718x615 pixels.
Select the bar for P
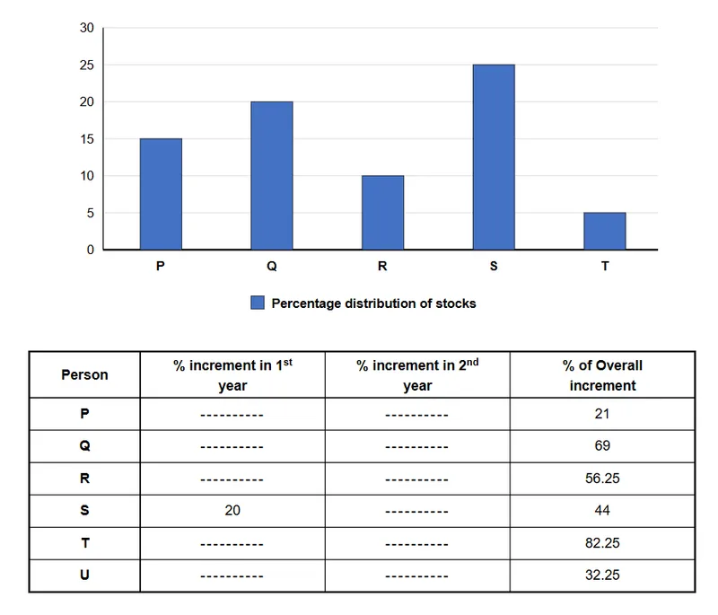pyautogui.click(x=161, y=194)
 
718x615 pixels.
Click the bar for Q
pyautogui.click(x=272, y=175)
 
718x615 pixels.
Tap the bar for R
pyautogui.click(x=383, y=213)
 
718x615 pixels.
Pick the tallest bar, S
pyautogui.click(x=495, y=157)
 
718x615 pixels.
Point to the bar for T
pyautogui.click(x=605, y=232)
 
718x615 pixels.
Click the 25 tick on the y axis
pyautogui.click(x=86, y=66)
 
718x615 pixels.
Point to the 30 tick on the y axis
pyautogui.click(x=86, y=28)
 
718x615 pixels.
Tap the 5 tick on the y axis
pyautogui.click(x=91, y=214)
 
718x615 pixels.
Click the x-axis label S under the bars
pyautogui.click(x=494, y=266)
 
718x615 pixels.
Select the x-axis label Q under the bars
pyautogui.click(x=272, y=266)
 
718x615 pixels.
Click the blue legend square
pyautogui.click(x=258, y=303)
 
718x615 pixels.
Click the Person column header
pyautogui.click(x=84, y=374)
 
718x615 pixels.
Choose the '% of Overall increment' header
pyautogui.click(x=602, y=375)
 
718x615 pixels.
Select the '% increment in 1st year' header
pyautogui.click(x=232, y=375)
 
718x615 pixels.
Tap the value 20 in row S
pyautogui.click(x=232, y=511)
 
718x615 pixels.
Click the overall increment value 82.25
pyautogui.click(x=602, y=543)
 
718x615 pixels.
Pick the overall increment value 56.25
pyautogui.click(x=602, y=479)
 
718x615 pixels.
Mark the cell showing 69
pyautogui.click(x=602, y=446)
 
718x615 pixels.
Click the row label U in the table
pyautogui.click(x=84, y=575)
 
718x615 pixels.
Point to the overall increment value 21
pyautogui.click(x=602, y=414)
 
